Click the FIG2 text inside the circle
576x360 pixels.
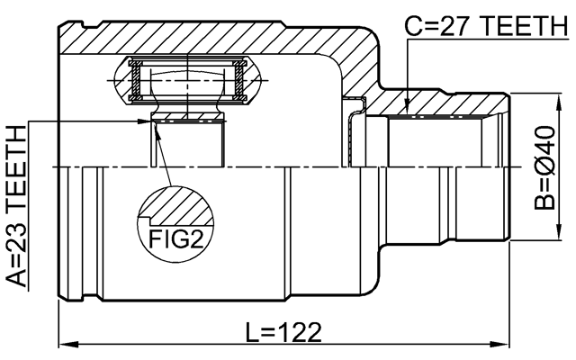[x=170, y=239]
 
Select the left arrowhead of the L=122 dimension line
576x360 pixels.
[x=66, y=343]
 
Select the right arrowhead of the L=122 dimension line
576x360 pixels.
[x=499, y=343]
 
